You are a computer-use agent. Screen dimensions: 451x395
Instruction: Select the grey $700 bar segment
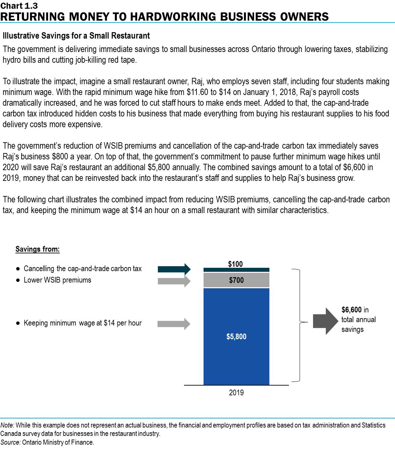[236, 280]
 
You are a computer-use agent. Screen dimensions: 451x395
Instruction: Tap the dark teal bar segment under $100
[236, 270]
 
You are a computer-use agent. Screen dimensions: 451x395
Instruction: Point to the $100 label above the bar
[235, 264]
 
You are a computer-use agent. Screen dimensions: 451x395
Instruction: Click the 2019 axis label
[236, 393]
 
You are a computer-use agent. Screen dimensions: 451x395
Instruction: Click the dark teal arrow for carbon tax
[174, 269]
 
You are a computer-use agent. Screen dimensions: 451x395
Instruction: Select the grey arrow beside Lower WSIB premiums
[174, 281]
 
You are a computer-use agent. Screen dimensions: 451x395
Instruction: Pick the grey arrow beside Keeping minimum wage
[174, 324]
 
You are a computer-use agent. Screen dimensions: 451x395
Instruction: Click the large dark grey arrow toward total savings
[325, 321]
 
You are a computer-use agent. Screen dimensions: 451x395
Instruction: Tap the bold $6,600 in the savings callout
[351, 310]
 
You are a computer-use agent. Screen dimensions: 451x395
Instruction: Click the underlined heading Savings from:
[38, 249]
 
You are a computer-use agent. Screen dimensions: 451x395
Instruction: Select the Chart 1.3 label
[19, 6]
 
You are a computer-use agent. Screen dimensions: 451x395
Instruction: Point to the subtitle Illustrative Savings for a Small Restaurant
[76, 36]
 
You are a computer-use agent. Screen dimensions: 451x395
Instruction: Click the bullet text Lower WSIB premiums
[57, 280]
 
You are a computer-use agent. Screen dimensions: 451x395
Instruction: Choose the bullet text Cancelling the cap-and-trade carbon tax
[83, 269]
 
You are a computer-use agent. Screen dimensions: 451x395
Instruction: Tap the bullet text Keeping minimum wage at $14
[83, 323]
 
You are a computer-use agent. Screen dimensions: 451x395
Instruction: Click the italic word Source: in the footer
[10, 442]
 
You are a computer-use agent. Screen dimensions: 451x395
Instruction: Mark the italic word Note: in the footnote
[7, 425]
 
